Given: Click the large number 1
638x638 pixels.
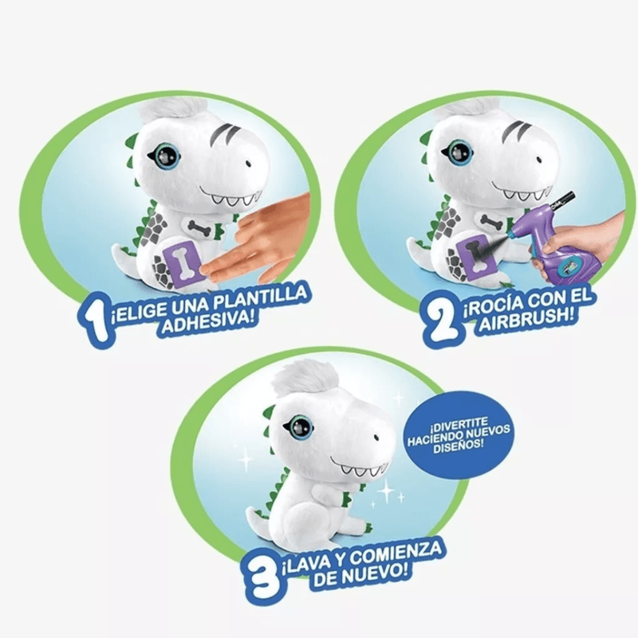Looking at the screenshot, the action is [x=94, y=321].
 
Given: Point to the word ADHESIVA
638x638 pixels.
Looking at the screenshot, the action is [x=210, y=322].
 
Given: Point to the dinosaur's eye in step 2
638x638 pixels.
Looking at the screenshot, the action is [x=457, y=152].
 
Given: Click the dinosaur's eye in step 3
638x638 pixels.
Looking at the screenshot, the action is [x=298, y=427].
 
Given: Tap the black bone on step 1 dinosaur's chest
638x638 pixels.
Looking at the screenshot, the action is [x=203, y=226].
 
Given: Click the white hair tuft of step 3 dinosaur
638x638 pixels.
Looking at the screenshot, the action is [x=305, y=377].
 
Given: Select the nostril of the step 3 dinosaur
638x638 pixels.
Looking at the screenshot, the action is [x=376, y=438].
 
